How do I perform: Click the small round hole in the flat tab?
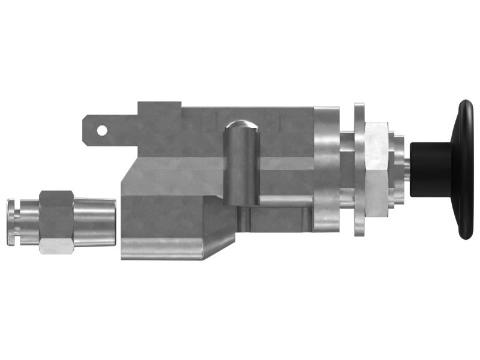click(x=102, y=130)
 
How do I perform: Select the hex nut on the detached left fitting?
click(x=56, y=222)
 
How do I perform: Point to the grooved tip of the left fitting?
click(x=18, y=223)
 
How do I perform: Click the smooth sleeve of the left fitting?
click(x=94, y=222)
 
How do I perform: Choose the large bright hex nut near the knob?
click(x=376, y=170)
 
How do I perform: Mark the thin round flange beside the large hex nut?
click(x=359, y=170)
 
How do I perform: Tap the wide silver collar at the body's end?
click(x=327, y=170)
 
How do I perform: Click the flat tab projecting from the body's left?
click(x=114, y=130)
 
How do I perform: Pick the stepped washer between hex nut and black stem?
click(x=396, y=170)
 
